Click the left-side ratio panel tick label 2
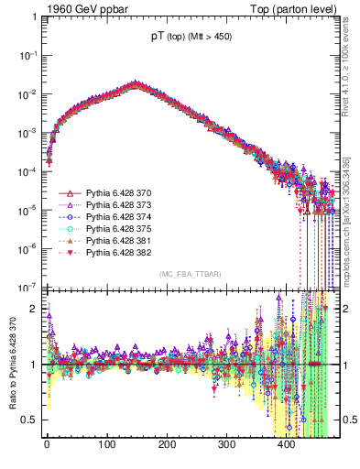[34, 309]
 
